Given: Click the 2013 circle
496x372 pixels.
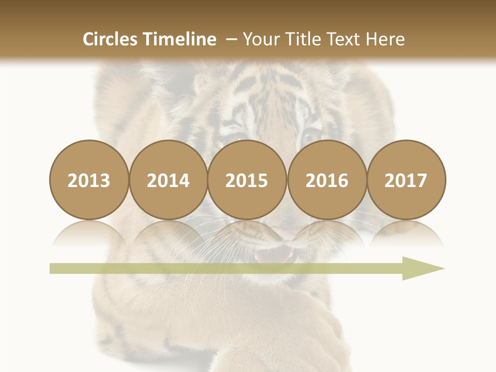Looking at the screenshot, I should (89, 180).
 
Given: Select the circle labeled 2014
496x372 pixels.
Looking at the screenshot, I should (168, 180).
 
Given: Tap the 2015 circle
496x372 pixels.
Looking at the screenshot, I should (247, 180).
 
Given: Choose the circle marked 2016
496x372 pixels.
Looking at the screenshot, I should (327, 180).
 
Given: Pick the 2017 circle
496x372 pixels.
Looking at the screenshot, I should (406, 180).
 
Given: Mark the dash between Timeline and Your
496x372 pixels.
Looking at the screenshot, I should (230, 39).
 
